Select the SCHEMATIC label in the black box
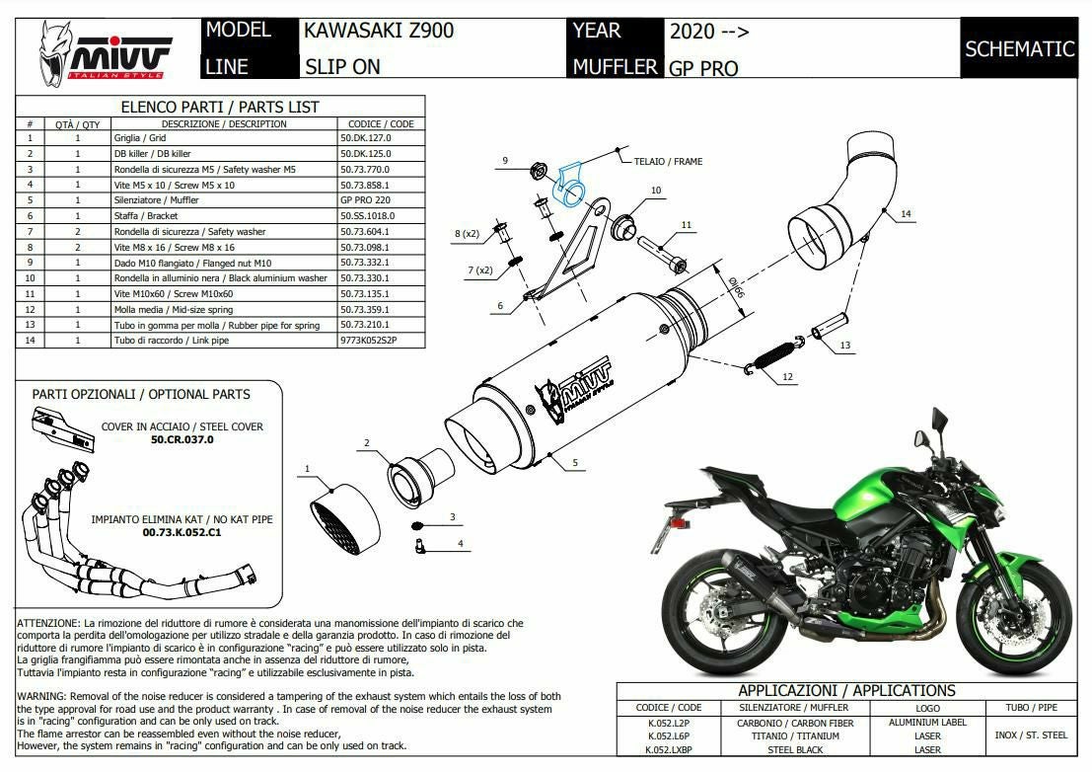pos(1020,48)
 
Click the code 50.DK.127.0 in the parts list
pos(366,138)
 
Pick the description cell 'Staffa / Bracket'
pos(146,216)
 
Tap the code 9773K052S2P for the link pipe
pos(369,341)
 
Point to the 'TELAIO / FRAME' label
pos(668,162)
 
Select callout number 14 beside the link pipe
pos(906,214)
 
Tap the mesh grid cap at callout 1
pos(344,519)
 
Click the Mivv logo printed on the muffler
pos(573,391)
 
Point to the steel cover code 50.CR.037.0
pos(182,439)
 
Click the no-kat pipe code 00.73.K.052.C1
pos(182,532)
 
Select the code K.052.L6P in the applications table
pos(668,736)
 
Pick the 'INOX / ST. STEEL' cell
pos(1031,735)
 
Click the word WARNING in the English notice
pos(41,696)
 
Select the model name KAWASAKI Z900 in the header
pos(379,30)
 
